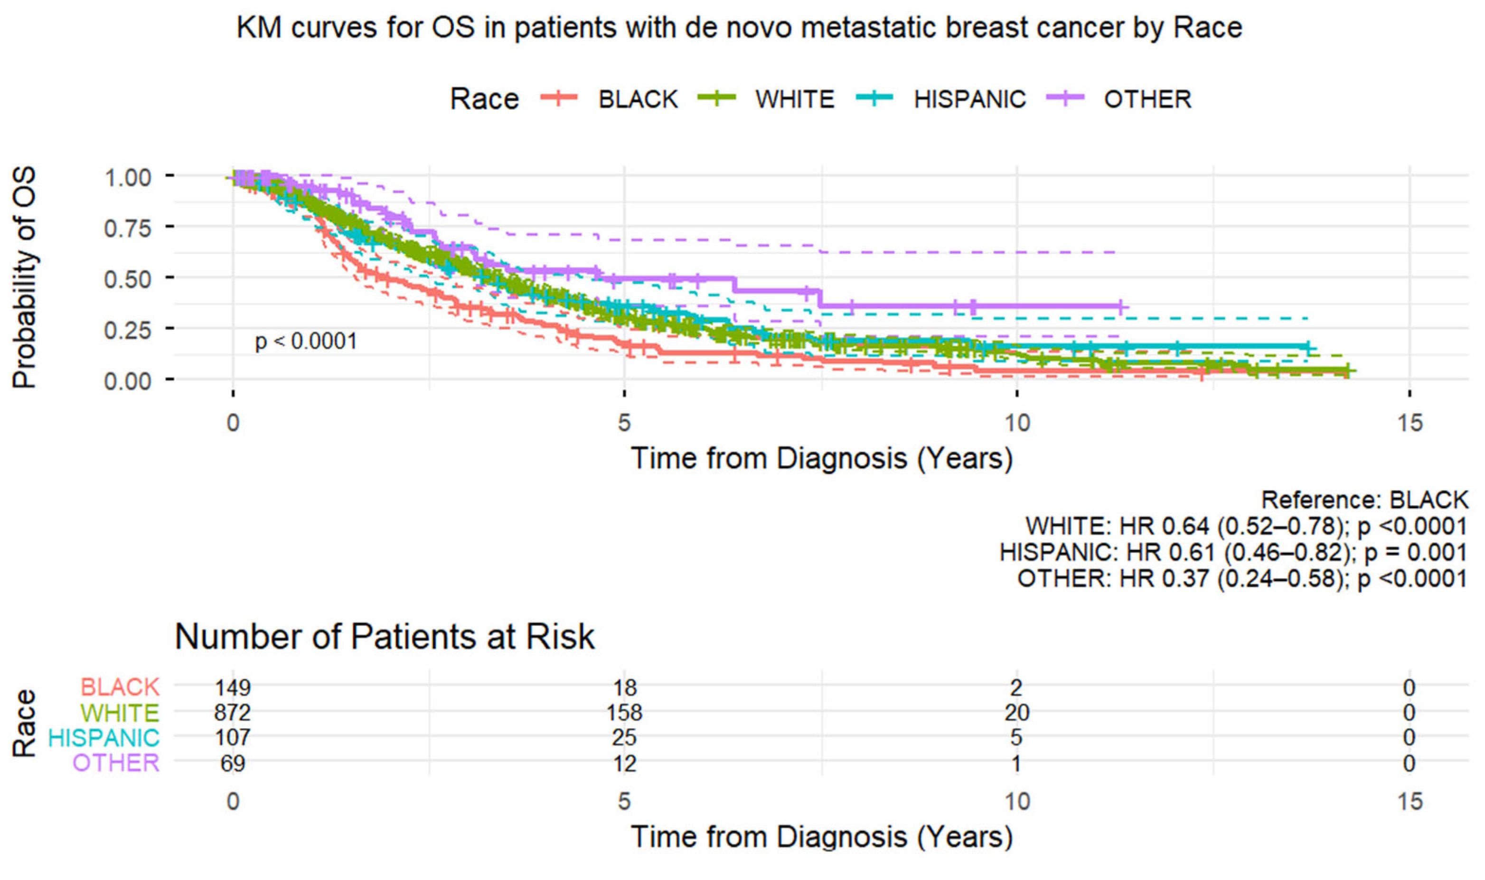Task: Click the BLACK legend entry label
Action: tap(638, 99)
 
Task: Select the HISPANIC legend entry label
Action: tap(969, 99)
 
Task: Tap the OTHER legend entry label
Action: tap(1147, 99)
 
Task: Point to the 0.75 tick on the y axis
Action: tap(128, 228)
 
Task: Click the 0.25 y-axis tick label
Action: tap(128, 330)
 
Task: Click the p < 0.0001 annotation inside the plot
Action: tap(306, 342)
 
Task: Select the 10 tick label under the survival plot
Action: tap(1017, 423)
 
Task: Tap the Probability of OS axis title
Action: tap(25, 278)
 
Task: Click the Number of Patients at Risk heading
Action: tap(385, 637)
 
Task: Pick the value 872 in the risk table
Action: tap(233, 712)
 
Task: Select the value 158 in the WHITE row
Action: tap(624, 712)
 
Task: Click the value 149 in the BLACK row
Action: tap(233, 687)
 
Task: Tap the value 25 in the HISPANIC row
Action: tap(624, 738)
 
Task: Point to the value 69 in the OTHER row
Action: tap(233, 763)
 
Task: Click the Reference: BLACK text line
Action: tap(1364, 500)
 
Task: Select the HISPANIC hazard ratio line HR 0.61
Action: tap(1233, 552)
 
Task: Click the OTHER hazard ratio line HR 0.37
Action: tap(1242, 578)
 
